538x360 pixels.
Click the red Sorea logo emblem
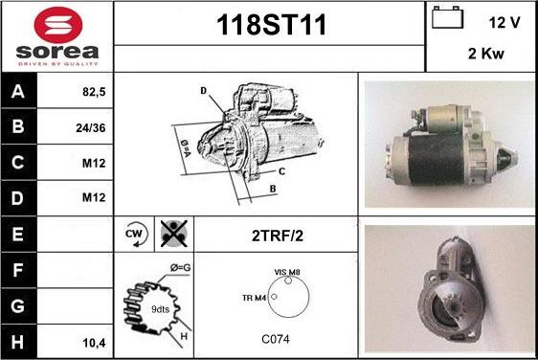pos(58,25)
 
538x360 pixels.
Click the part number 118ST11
pos(271,25)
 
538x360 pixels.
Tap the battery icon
pos(447,17)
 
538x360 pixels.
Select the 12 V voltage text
pos(504,23)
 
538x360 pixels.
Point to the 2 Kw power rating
pos(486,54)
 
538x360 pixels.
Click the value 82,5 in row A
pos(94,92)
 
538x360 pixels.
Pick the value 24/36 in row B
pos(91,128)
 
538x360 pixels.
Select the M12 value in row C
pos(94,164)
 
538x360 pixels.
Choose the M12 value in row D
pos(94,197)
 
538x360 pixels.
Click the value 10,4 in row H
pos(94,343)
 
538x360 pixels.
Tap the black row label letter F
pos(18,270)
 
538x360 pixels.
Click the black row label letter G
pos(18,306)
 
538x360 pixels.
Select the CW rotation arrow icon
pos(136,234)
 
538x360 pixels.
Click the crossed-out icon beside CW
pos(174,234)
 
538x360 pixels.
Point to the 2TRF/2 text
pos(278,236)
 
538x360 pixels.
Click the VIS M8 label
pos(287,272)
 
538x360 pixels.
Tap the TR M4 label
pos(254,298)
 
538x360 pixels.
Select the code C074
pos(276,339)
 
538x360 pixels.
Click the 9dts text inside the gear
pos(160,309)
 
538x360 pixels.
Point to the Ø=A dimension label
pos(185,147)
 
